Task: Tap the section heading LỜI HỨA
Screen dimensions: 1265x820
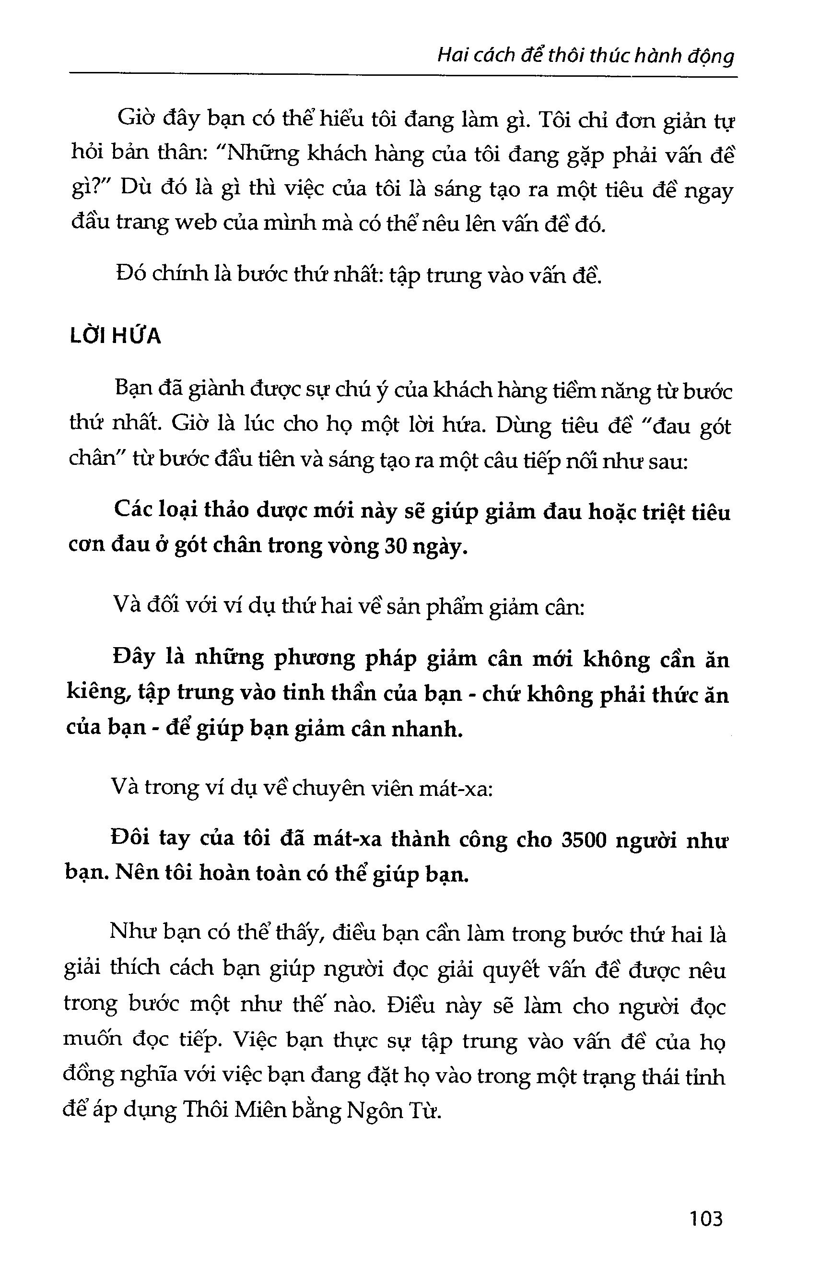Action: (115, 336)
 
